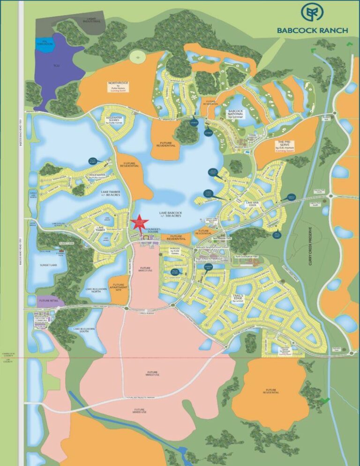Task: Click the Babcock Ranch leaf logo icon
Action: (312, 14)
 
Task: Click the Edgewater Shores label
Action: (114, 119)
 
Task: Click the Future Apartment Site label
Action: (118, 286)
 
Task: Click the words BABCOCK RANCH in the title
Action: (312, 30)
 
